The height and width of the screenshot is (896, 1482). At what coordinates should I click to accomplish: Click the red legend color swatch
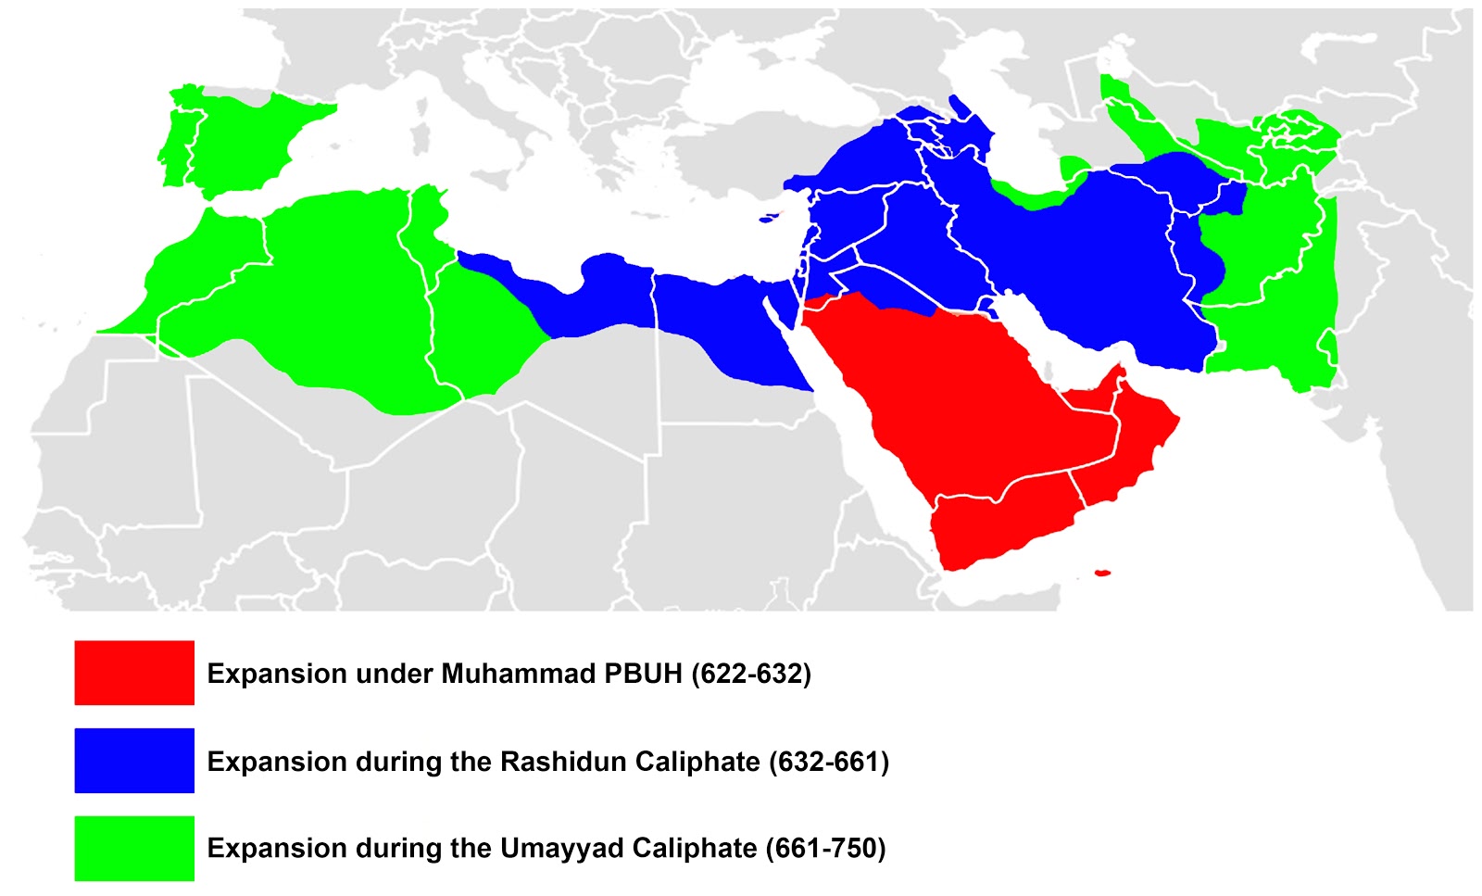(x=134, y=673)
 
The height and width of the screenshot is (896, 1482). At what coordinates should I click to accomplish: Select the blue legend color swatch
(x=134, y=761)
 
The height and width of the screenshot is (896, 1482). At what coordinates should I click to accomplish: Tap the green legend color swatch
(x=134, y=848)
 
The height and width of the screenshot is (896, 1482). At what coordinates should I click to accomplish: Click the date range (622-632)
(x=751, y=674)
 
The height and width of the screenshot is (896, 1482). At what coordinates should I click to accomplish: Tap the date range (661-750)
(x=825, y=849)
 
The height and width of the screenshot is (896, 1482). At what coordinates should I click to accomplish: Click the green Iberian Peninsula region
(x=241, y=139)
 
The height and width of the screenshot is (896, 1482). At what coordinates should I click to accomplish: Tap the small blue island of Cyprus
(x=768, y=220)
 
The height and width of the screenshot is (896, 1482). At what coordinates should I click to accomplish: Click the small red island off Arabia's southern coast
(x=1102, y=573)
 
